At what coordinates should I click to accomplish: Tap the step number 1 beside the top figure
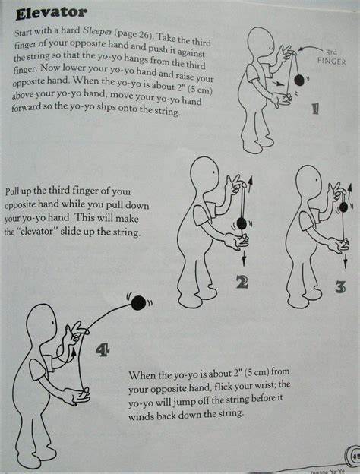[x=292, y=108]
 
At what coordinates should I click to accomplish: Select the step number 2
[x=242, y=283]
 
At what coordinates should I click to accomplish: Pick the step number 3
[x=341, y=287]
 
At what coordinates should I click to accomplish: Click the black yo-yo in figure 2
[x=242, y=223]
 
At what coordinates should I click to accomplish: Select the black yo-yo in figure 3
[x=339, y=216]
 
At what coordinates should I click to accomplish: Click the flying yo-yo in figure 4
[x=138, y=304]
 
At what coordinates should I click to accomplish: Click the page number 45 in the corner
[x=355, y=457]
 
